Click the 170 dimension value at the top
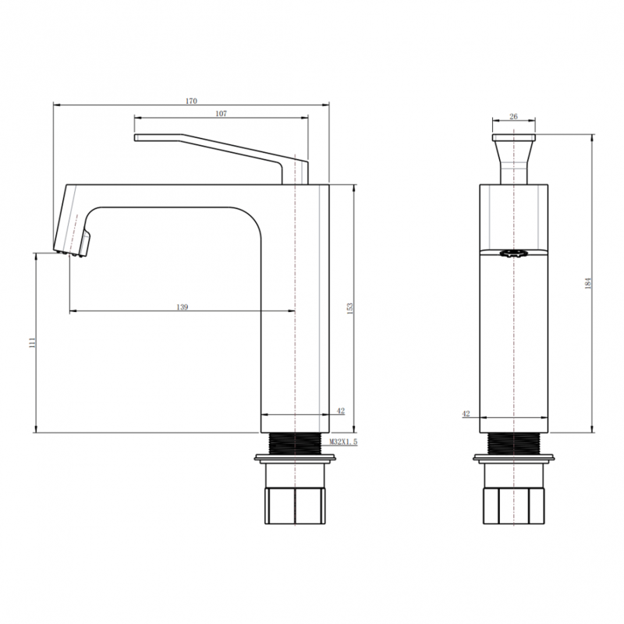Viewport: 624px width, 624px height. click(x=192, y=101)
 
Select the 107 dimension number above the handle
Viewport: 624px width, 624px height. click(x=221, y=114)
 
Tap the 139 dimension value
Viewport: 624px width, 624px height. click(x=182, y=307)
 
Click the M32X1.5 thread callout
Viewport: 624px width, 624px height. click(x=343, y=441)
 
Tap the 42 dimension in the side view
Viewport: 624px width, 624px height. click(x=340, y=410)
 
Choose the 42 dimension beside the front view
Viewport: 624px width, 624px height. click(x=466, y=413)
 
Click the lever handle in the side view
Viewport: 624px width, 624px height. click(x=226, y=148)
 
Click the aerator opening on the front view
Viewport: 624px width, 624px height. click(x=514, y=253)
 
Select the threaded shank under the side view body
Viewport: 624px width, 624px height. click(x=294, y=442)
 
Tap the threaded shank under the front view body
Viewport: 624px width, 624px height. click(x=514, y=442)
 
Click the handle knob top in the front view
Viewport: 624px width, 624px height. click(x=514, y=138)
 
